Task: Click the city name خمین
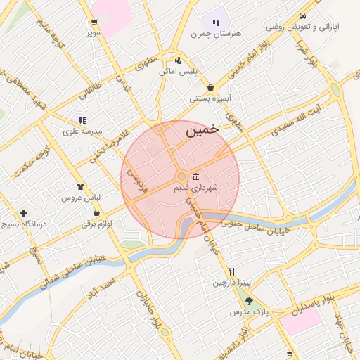tap(202, 130)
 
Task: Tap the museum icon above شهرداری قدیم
tap(195, 176)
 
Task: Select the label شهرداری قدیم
tap(195, 188)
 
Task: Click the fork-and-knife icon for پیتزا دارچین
tap(231, 271)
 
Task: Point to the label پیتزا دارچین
tap(231, 283)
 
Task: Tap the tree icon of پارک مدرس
tap(249, 300)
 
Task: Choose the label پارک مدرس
tap(250, 311)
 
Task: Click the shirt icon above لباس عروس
tap(80, 187)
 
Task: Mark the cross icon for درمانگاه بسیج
tap(24, 212)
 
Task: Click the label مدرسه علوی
tap(82, 131)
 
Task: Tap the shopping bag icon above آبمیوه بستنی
tap(211, 88)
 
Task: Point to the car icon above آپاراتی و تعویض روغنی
tap(302, 16)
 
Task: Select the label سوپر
tap(95, 32)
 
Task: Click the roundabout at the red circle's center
tap(181, 176)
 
